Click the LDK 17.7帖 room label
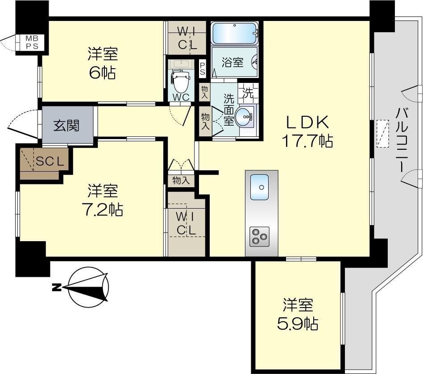click(x=307, y=132)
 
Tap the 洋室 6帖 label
click(x=102, y=63)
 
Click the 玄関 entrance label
click(x=66, y=126)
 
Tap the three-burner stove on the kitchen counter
click(x=259, y=236)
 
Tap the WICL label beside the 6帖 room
click(x=187, y=38)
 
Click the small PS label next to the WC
click(x=203, y=68)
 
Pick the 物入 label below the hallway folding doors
click(x=181, y=180)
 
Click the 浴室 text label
click(x=232, y=62)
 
